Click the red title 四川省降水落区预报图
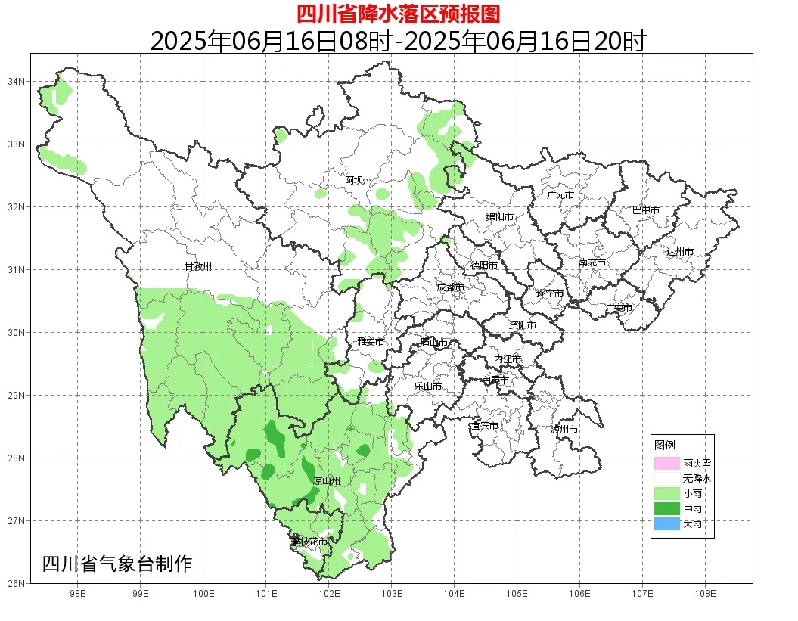click(398, 14)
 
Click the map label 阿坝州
click(359, 180)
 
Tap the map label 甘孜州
click(198, 267)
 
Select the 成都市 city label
click(451, 287)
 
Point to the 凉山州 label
click(327, 481)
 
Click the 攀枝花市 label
click(309, 542)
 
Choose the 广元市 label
click(560, 195)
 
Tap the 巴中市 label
click(646, 210)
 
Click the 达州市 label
click(679, 251)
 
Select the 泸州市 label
click(564, 429)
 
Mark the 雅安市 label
click(371, 342)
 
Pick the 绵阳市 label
click(499, 217)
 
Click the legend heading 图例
click(665, 445)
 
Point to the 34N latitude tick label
click(17, 81)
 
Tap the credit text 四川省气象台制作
click(117, 564)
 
